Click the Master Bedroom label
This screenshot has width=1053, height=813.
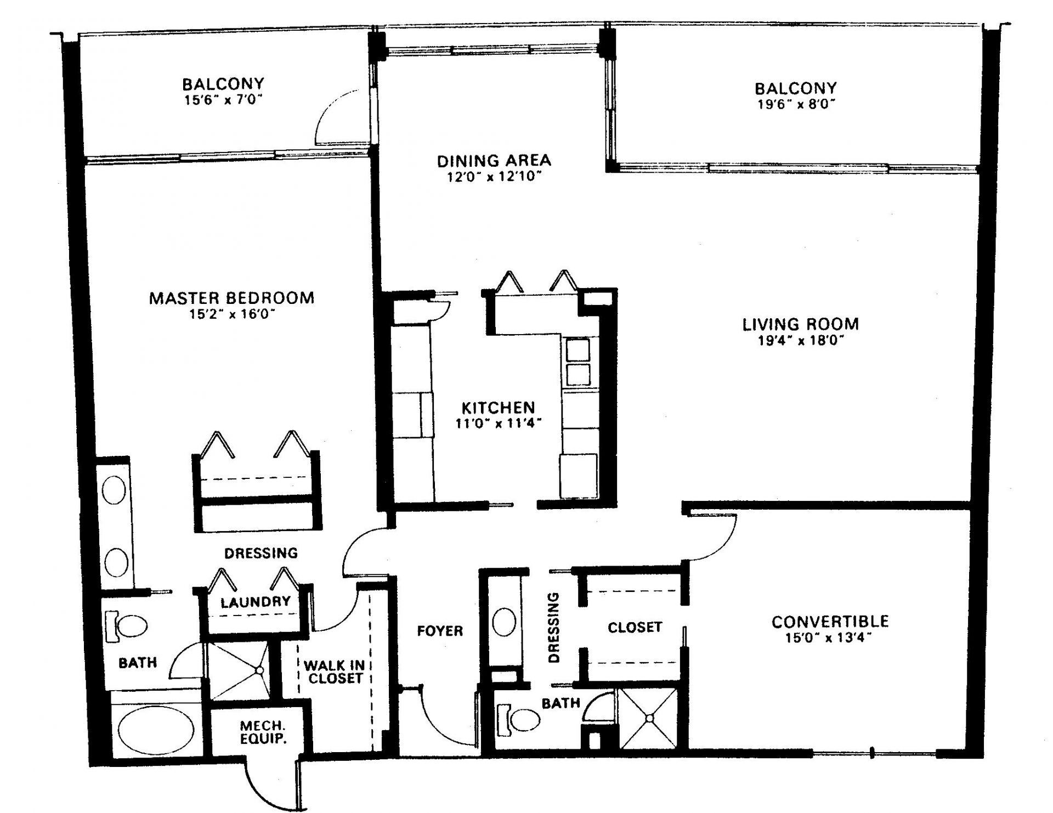[231, 298]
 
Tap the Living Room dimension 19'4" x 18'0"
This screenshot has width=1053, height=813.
[800, 341]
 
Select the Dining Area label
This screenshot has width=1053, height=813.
[494, 161]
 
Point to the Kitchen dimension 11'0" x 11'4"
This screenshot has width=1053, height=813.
[498, 424]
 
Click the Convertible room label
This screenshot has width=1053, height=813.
[830, 622]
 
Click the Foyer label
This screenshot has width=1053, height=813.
[440, 631]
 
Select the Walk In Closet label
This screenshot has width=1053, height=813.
[334, 672]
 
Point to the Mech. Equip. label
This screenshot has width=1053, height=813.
[263, 732]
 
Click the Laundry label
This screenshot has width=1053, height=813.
[255, 602]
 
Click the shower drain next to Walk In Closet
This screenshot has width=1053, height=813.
[259, 669]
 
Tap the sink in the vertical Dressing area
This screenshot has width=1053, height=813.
[504, 622]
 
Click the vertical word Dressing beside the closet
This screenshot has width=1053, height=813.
[553, 627]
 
